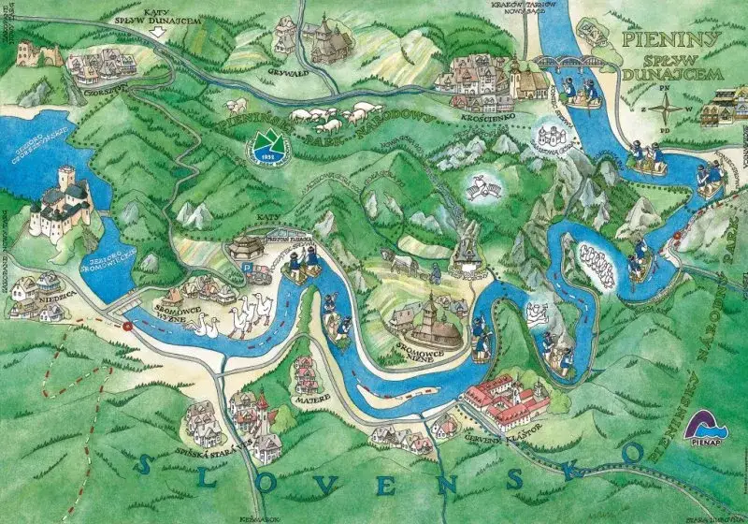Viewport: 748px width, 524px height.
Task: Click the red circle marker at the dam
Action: click(x=127, y=326)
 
